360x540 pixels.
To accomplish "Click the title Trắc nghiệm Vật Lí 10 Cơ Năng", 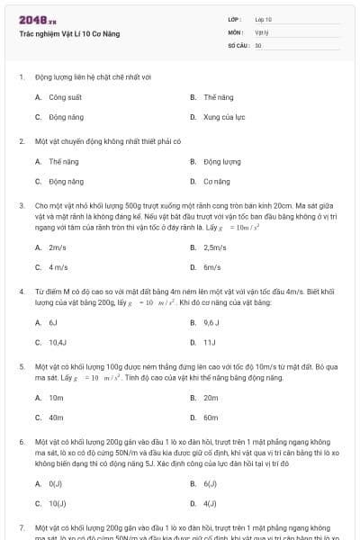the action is [69, 34].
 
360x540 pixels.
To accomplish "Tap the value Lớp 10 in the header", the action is [263, 19].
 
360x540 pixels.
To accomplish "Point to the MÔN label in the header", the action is [236, 31].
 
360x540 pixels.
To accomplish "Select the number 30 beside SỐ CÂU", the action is [258, 44].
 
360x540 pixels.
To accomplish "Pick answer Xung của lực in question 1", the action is [224, 117].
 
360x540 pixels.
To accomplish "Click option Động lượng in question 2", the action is [221, 162].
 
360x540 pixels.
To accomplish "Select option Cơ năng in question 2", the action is [217, 182].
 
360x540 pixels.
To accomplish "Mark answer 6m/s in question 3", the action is [212, 267].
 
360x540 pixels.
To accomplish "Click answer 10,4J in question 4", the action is [58, 342].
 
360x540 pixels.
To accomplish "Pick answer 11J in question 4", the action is [210, 342].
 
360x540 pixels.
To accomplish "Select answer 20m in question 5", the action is [211, 397].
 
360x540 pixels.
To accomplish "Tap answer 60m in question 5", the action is [211, 418].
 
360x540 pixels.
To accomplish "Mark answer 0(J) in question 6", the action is [56, 483].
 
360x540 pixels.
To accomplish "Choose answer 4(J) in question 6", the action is [210, 503].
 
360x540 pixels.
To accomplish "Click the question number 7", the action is [22, 526].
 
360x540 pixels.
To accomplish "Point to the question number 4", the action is [22, 292].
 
